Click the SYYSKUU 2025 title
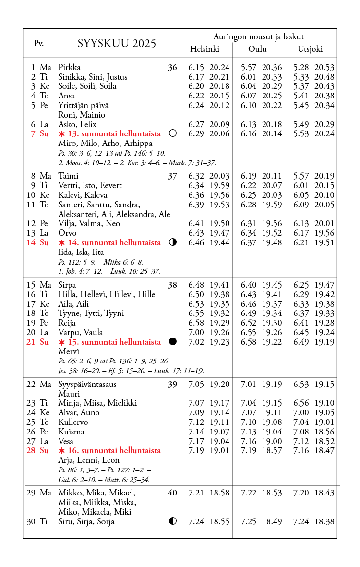tap(117, 44)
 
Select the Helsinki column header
tap(204, 49)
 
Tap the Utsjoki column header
tap(310, 49)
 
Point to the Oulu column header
tap(257, 49)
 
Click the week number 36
tap(172, 68)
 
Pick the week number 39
tap(172, 385)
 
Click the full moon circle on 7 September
tap(173, 133)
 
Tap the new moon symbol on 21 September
tap(173, 341)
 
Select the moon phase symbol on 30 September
tap(173, 521)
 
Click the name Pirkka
tap(69, 67)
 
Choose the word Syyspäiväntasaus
tap(87, 384)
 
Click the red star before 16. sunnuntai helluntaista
tap(61, 451)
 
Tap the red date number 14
tap(31, 242)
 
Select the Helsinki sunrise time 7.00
tap(196, 332)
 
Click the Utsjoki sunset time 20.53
tap(324, 68)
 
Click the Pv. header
tap(38, 44)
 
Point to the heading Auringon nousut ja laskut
tap(258, 36)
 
